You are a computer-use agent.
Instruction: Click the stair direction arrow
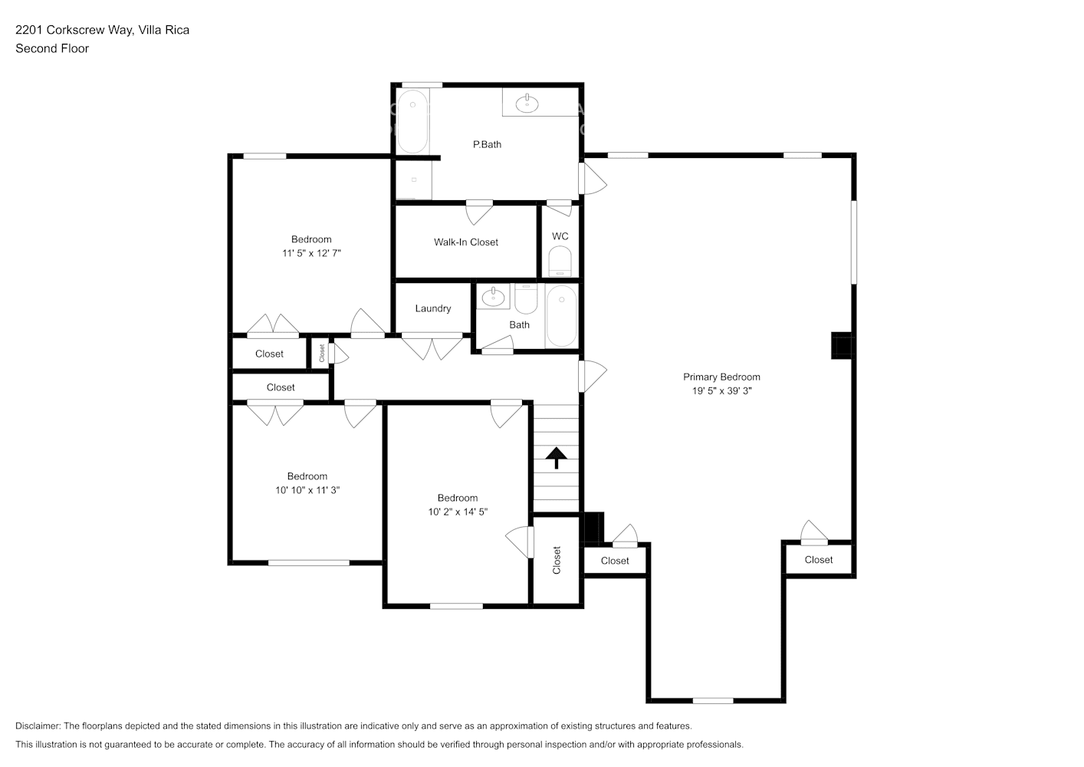pos(556,458)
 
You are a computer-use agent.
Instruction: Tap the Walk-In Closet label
pos(465,242)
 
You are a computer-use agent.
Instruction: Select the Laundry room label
pos(432,308)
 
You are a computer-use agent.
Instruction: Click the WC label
pos(560,236)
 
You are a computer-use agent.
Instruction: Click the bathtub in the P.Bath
pos(412,121)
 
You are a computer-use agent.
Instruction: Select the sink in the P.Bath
pos(527,102)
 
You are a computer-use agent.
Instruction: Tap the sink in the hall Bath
pos(492,297)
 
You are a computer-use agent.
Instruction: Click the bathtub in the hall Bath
pos(561,316)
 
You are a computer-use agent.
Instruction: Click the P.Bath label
pos(487,144)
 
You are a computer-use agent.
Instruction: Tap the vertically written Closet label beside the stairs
pos(557,560)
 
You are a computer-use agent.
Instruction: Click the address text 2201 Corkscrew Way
pos(75,30)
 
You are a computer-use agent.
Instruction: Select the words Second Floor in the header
pos(52,48)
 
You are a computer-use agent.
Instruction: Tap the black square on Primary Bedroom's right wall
pos(842,346)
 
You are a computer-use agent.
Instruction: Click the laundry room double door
pos(432,347)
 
